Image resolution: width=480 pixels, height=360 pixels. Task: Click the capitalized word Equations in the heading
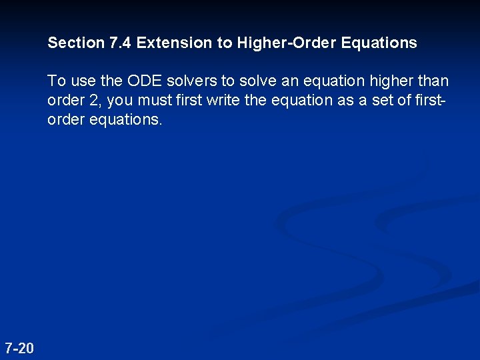379,43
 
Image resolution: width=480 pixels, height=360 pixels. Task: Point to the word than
433,81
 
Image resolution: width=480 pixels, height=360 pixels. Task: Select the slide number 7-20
19,347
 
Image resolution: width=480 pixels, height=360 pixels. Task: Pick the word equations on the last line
125,121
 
